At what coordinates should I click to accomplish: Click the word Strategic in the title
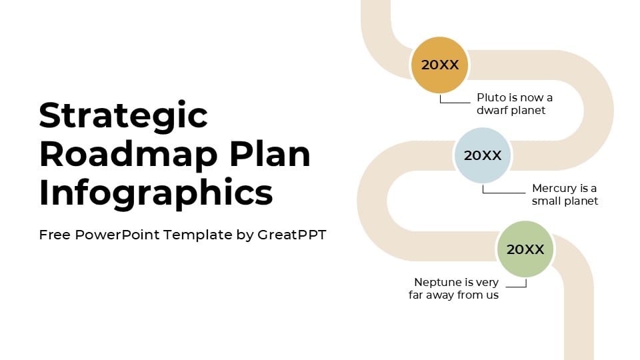[x=123, y=115]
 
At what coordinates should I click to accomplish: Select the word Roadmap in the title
[x=129, y=154]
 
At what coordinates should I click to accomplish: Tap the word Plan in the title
[x=270, y=154]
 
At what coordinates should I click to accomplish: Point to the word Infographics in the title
[x=156, y=193]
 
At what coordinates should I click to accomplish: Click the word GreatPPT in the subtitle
[x=291, y=235]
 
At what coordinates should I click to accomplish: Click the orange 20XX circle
[x=439, y=65]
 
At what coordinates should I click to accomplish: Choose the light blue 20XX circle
[x=483, y=155]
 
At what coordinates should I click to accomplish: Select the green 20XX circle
[x=525, y=249]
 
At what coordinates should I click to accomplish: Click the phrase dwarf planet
[x=511, y=111]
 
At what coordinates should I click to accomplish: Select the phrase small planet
[x=565, y=201]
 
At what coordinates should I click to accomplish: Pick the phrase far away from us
[x=453, y=295]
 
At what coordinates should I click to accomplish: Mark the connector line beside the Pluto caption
[x=455, y=102]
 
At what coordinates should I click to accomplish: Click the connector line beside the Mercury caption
[x=503, y=193]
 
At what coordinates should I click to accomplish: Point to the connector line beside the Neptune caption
[x=517, y=287]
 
